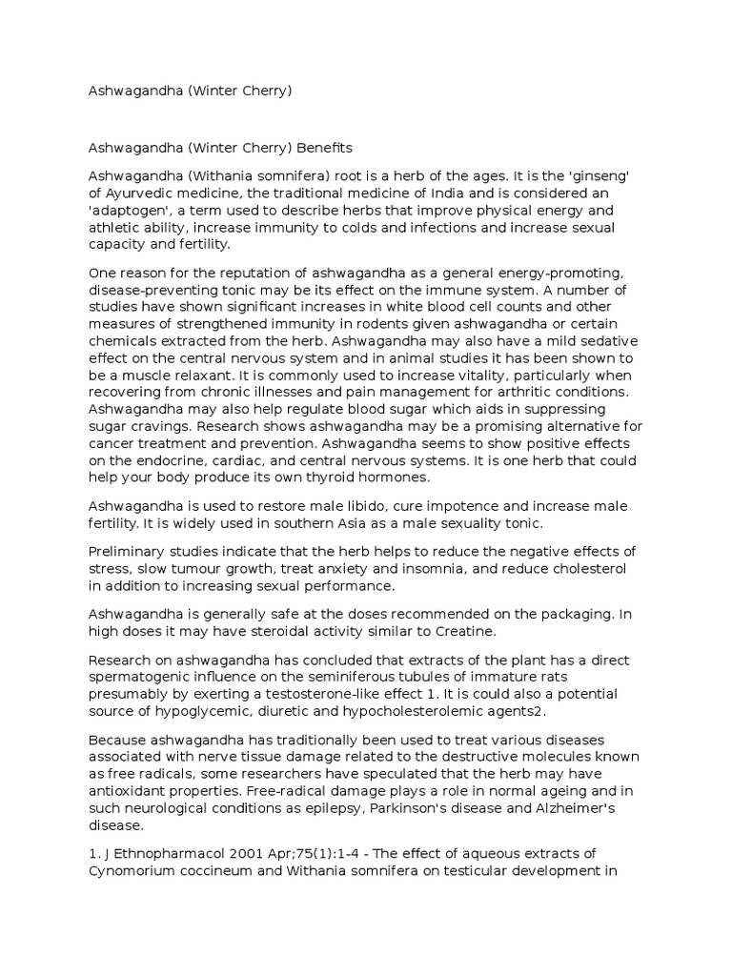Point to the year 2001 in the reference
pyautogui.click(x=247, y=853)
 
